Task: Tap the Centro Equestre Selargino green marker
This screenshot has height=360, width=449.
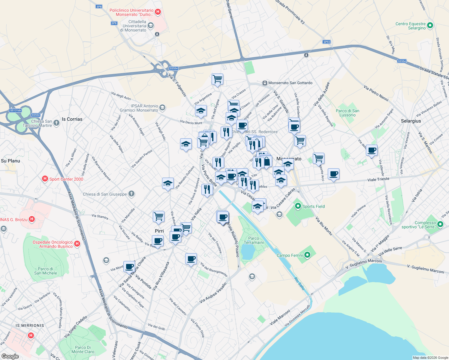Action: click(430, 26)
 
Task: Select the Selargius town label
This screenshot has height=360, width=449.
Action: click(411, 121)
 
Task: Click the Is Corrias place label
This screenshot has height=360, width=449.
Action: click(72, 119)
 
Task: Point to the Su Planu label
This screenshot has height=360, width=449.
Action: click(11, 161)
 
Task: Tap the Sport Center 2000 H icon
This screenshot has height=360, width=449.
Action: click(45, 179)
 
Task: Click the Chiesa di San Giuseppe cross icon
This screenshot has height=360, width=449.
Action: click(131, 194)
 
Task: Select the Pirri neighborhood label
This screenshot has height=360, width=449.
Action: click(159, 231)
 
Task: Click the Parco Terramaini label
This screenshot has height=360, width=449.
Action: click(254, 240)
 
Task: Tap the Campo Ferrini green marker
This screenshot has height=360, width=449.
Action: click(307, 255)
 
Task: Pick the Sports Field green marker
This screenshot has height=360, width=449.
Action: click(298, 206)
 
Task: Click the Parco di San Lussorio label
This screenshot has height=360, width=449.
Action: click(348, 113)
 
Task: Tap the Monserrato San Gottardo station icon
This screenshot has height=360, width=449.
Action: click(265, 83)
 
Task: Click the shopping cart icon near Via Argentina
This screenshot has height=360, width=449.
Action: click(217, 79)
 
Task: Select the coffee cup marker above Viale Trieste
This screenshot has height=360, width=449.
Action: click(333, 174)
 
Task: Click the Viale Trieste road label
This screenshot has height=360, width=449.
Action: click(378, 179)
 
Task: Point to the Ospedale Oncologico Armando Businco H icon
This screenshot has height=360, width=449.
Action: click(77, 244)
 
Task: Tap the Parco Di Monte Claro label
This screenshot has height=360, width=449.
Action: click(83, 349)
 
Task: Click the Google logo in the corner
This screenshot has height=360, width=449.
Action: click(10, 356)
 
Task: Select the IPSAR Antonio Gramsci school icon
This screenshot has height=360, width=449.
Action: click(162, 108)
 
